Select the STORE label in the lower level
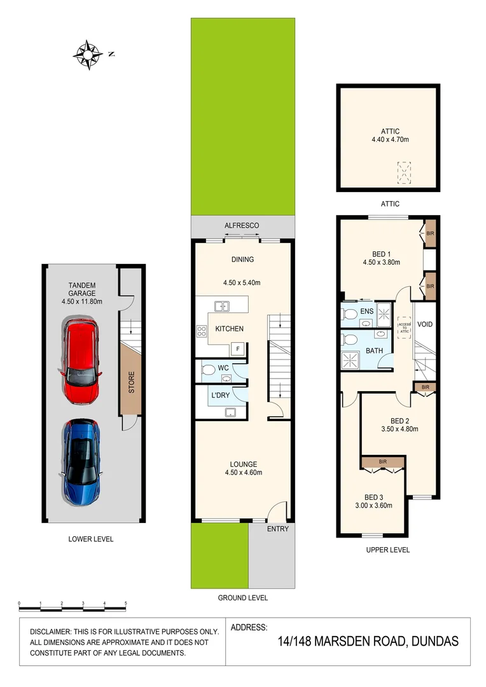132,381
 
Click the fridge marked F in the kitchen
238,349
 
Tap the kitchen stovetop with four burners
202,330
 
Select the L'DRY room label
220,395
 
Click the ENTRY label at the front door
278,529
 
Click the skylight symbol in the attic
405,173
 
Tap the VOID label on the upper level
425,324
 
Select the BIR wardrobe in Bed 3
383,461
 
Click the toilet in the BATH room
349,340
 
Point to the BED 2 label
399,420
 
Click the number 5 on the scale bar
126,602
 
